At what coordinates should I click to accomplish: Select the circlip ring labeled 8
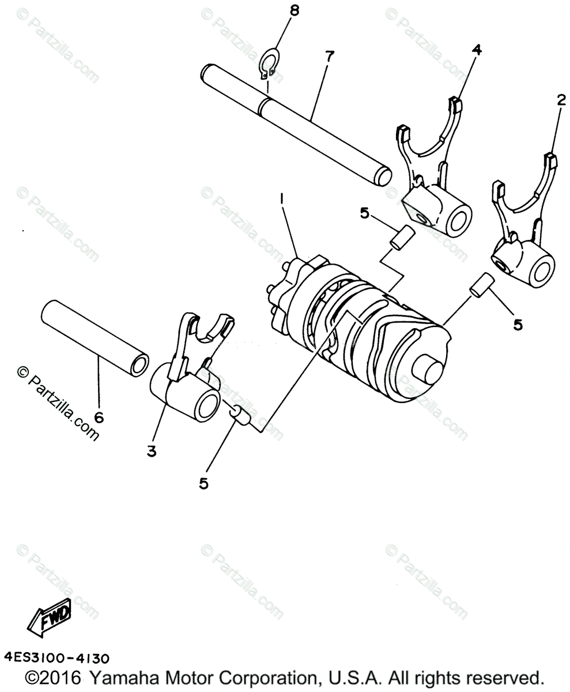(270, 65)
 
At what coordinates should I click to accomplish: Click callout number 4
(477, 50)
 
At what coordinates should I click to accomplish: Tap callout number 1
(282, 199)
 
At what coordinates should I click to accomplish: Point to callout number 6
(99, 418)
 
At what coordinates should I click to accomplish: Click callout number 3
(151, 452)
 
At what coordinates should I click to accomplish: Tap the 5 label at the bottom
(203, 484)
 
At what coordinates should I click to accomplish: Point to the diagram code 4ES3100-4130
(56, 657)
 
